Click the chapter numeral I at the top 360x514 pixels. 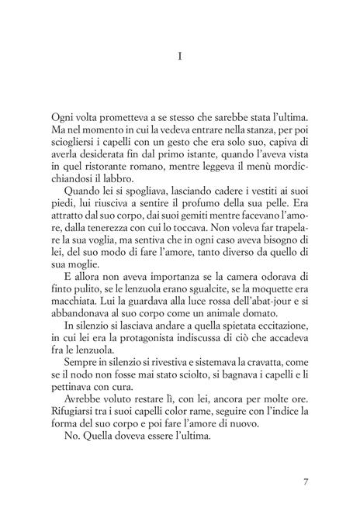pos(179,57)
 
